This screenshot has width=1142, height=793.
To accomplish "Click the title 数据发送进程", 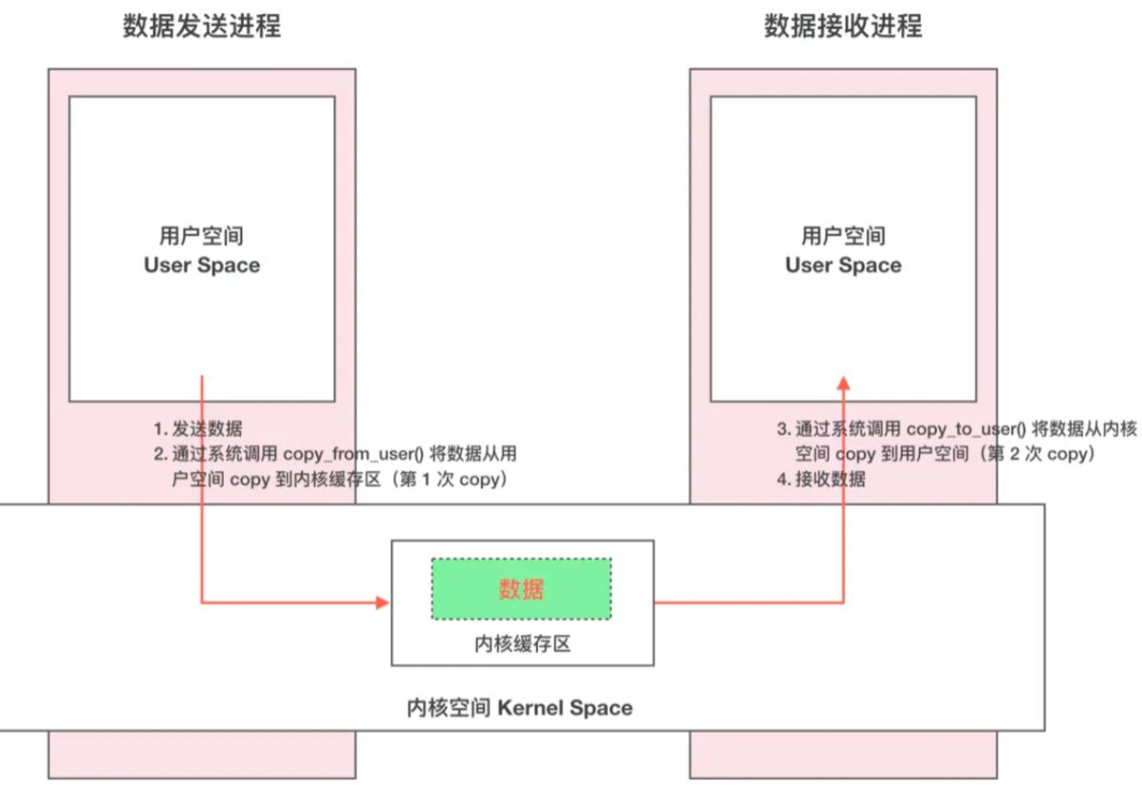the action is (202, 26).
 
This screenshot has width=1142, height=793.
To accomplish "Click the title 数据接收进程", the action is (843, 26).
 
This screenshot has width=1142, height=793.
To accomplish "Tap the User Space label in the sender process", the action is (202, 265).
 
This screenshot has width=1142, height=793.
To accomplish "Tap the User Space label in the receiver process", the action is (843, 265).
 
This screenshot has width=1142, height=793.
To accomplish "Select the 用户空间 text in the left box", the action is (202, 235).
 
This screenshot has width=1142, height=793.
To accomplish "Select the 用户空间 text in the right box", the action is (843, 235).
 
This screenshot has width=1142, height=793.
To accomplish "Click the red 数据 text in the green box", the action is (521, 589).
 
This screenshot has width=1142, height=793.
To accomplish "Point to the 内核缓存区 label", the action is (523, 644).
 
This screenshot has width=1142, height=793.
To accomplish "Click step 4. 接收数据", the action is (822, 479).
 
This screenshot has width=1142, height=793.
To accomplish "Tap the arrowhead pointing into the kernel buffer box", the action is (383, 602).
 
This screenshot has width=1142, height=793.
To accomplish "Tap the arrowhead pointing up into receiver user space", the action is (843, 382).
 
